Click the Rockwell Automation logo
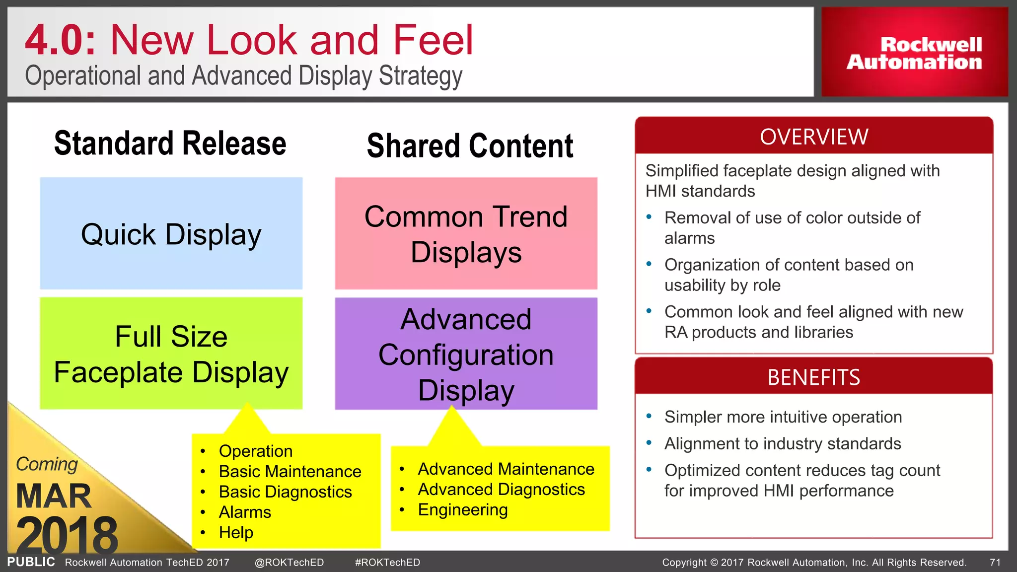pos(914,53)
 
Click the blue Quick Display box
pos(171,233)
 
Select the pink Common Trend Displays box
pos(466,233)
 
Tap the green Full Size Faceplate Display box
pos(171,354)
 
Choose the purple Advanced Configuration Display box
pos(466,354)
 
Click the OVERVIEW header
pos(814,137)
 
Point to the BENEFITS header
pos(814,377)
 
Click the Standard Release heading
pos(170,143)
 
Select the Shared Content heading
pos(470,146)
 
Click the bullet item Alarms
pos(245,512)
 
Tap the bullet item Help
pos(236,532)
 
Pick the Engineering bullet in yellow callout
pos(462,510)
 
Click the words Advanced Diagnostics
pos(501,490)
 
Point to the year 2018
pos(67,535)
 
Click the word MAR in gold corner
pos(54,496)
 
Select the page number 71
pos(995,563)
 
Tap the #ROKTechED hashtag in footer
pos(387,563)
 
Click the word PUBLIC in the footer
pos(31,562)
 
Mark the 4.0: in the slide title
pos(60,41)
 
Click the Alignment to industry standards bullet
pos(783,443)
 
